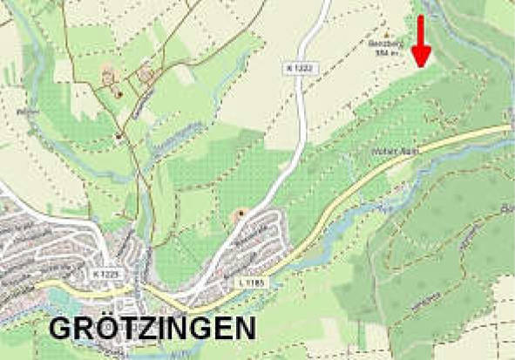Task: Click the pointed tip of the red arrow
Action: (x=421, y=66)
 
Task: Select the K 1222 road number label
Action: (x=297, y=67)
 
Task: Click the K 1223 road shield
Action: (x=104, y=274)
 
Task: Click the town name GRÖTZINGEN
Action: (x=152, y=329)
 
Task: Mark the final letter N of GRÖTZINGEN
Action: (x=244, y=329)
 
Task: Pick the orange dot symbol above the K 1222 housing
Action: (x=241, y=214)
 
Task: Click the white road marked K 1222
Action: (x=301, y=122)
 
